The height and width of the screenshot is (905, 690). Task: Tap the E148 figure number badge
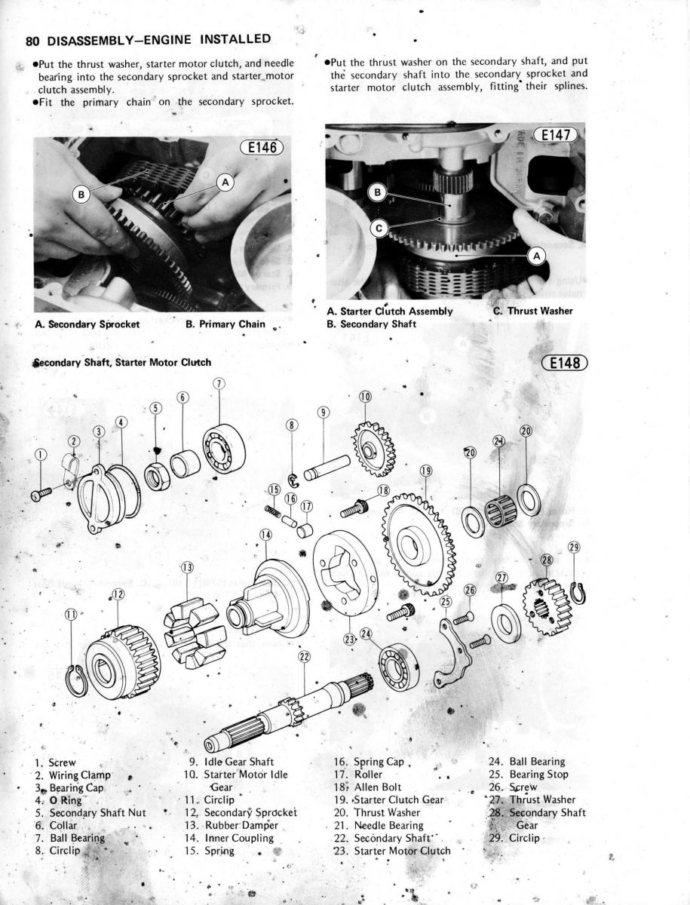tap(565, 363)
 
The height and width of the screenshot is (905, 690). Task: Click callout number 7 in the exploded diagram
tap(219, 383)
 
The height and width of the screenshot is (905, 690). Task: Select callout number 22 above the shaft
tap(304, 657)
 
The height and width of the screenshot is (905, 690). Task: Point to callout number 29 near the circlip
tap(574, 548)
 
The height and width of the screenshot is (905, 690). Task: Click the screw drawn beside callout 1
tap(42, 493)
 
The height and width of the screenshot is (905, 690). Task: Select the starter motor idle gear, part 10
tap(373, 450)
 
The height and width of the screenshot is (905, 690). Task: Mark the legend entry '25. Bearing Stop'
tap(529, 774)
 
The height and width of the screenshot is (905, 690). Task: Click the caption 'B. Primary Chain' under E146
tap(225, 324)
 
